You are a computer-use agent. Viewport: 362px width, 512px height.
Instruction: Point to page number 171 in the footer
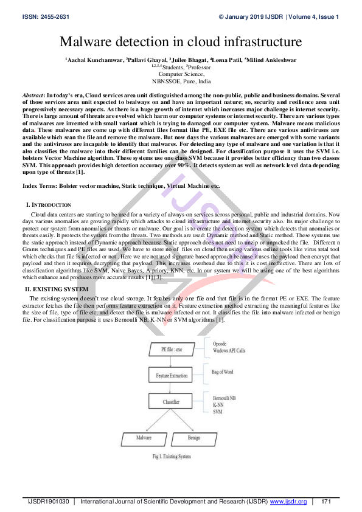point(325,502)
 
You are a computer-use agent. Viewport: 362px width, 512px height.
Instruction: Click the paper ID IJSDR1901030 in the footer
point(49,502)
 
